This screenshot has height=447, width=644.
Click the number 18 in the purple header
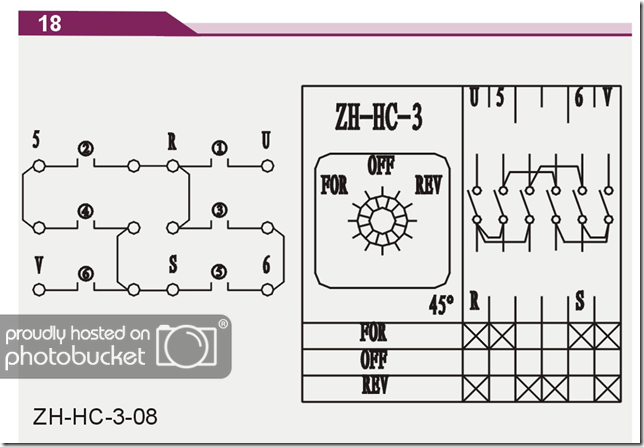[x=50, y=23]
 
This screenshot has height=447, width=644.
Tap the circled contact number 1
[x=220, y=148]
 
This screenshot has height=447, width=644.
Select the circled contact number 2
[x=85, y=149]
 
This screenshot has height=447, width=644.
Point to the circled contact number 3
[x=220, y=210]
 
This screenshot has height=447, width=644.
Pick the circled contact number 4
[x=85, y=211]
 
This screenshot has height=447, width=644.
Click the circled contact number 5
[x=219, y=272]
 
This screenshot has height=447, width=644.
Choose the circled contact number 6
[x=86, y=274]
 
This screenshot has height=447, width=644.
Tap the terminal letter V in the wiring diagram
[x=39, y=265]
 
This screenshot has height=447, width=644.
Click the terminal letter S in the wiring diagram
[x=173, y=264]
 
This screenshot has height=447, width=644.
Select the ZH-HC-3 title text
[x=378, y=117]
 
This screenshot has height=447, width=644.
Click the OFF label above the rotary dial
[x=381, y=165]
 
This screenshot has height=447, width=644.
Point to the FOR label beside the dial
[x=334, y=185]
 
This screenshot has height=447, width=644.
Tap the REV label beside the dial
[x=428, y=184]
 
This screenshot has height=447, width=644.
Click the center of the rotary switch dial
[x=382, y=221]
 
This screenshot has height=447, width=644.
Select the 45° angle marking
[x=442, y=305]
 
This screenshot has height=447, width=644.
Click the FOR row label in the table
[x=373, y=332]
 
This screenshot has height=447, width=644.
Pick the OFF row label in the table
[x=374, y=359]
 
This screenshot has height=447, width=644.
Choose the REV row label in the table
[x=375, y=385]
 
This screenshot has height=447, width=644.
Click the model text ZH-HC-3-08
[x=95, y=417]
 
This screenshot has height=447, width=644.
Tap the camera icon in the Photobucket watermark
[x=187, y=344]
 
